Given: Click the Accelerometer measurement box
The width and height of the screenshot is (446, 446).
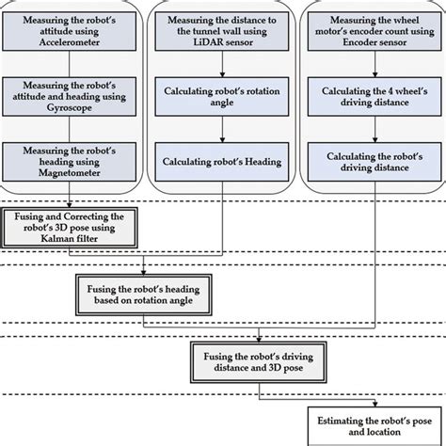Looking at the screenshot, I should coord(72,32).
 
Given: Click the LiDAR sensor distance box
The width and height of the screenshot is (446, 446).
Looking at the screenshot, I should coord(222,32).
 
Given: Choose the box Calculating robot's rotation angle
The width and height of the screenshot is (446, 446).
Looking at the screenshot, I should coord(222,97).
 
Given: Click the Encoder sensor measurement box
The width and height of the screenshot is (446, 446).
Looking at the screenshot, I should coord(373,32).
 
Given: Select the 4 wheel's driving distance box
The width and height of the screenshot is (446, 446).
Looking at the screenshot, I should coord(373,97).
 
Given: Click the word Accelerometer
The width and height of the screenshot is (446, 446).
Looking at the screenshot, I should coord(72,42).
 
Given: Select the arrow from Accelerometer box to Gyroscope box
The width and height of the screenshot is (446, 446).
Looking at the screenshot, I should coord(72,65).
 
